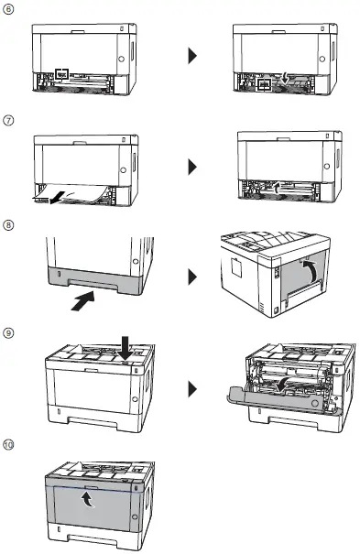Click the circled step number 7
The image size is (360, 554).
click(x=9, y=120)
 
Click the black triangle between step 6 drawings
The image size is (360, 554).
click(x=192, y=57)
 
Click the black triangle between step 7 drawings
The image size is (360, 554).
click(x=192, y=168)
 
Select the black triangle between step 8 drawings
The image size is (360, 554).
click(x=192, y=275)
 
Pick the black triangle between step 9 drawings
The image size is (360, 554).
click(x=192, y=389)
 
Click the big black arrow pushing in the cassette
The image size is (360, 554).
click(x=82, y=300)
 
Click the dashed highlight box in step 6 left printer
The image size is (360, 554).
click(x=61, y=71)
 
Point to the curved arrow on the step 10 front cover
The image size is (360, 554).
click(x=88, y=499)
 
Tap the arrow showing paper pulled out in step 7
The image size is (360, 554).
click(x=57, y=195)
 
